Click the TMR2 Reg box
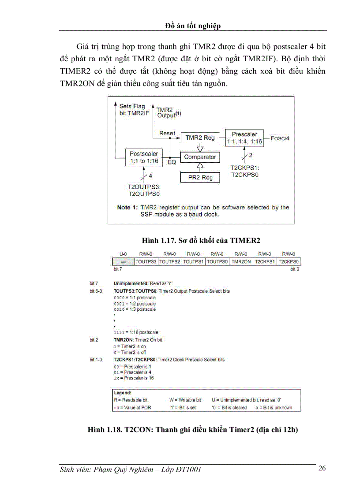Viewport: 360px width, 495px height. click(x=200, y=138)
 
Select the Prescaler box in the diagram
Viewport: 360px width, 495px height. click(x=244, y=138)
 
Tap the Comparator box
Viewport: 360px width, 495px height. click(x=200, y=157)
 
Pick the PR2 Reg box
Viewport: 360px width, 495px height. click(x=200, y=177)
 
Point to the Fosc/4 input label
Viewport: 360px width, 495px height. click(x=281, y=138)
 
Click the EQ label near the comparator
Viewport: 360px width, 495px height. click(x=172, y=162)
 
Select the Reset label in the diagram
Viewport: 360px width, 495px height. click(x=167, y=133)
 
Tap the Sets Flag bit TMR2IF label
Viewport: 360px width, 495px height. click(x=135, y=110)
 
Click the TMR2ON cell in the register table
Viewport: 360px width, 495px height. click(x=241, y=261)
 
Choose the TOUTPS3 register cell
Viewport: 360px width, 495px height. click(x=146, y=261)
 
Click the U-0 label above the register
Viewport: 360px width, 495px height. click(x=124, y=254)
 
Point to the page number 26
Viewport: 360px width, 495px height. click(x=322, y=468)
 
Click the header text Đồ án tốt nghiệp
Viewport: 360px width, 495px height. click(x=193, y=26)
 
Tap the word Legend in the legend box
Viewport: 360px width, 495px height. click(x=122, y=392)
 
